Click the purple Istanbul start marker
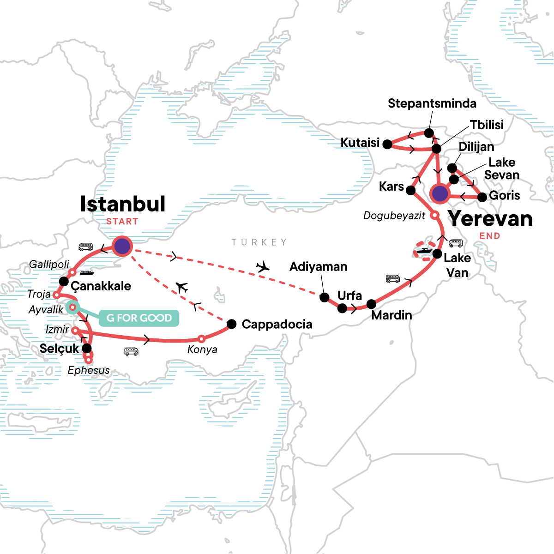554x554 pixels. pyautogui.click(x=122, y=246)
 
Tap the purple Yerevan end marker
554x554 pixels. pyautogui.click(x=440, y=194)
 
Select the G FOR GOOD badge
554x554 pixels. pyautogui.click(x=139, y=318)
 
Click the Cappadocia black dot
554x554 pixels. pyautogui.click(x=232, y=324)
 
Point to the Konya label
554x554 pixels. pyautogui.click(x=202, y=349)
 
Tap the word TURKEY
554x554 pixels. pyautogui.click(x=259, y=242)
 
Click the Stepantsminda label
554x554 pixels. pyautogui.click(x=432, y=103)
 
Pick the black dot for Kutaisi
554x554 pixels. pyautogui.click(x=388, y=145)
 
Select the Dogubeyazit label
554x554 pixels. pyautogui.click(x=394, y=216)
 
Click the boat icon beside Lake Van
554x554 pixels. pyautogui.click(x=423, y=252)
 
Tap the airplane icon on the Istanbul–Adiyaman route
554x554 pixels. pyautogui.click(x=263, y=266)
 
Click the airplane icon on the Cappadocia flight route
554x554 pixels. pyautogui.click(x=182, y=288)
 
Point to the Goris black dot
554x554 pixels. pyautogui.click(x=482, y=198)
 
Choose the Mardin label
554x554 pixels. pyautogui.click(x=391, y=315)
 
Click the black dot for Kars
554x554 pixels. pyautogui.click(x=411, y=190)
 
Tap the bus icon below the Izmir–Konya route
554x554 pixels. pyautogui.click(x=132, y=352)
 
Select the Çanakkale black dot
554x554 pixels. pyautogui.click(x=64, y=282)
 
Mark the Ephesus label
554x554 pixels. pyautogui.click(x=89, y=370)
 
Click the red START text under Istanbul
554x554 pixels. pyautogui.click(x=122, y=222)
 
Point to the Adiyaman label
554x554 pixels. pyautogui.click(x=318, y=267)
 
